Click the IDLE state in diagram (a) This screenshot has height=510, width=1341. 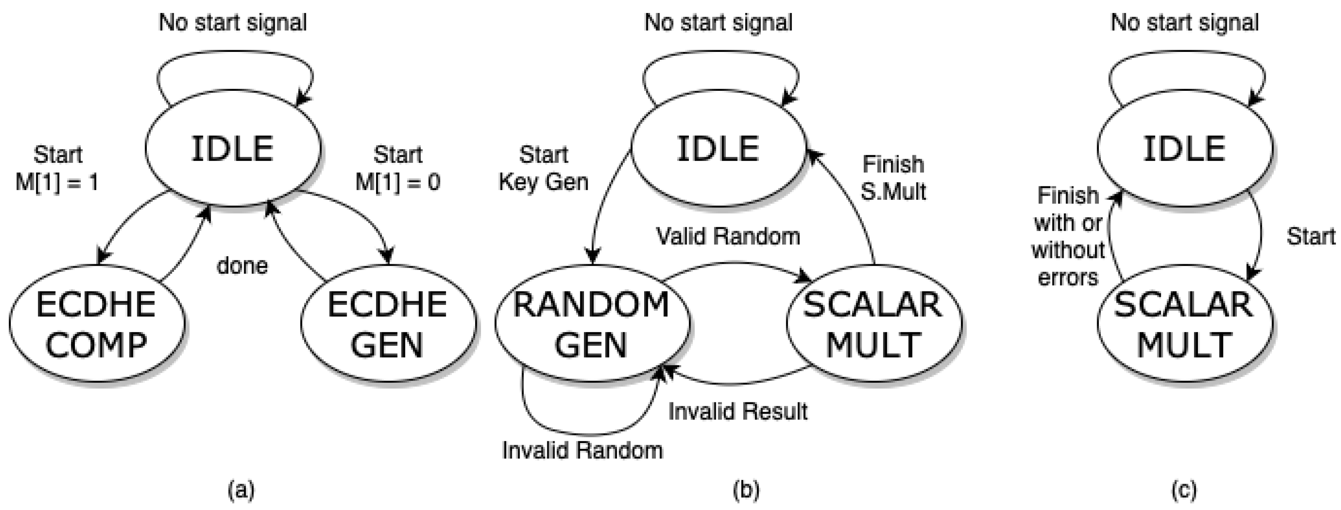(233, 149)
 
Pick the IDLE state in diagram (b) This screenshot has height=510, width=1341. (719, 149)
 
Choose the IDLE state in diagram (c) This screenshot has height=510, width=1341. (1185, 149)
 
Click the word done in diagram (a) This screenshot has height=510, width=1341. (242, 266)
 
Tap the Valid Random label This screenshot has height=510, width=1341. (728, 237)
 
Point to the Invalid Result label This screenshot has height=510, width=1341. (738, 412)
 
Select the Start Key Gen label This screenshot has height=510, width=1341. (543, 168)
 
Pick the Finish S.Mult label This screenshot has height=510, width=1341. (893, 178)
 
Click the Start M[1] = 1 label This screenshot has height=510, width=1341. (57, 168)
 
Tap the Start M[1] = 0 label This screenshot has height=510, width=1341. (398, 168)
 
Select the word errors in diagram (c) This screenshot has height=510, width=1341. (1068, 278)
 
